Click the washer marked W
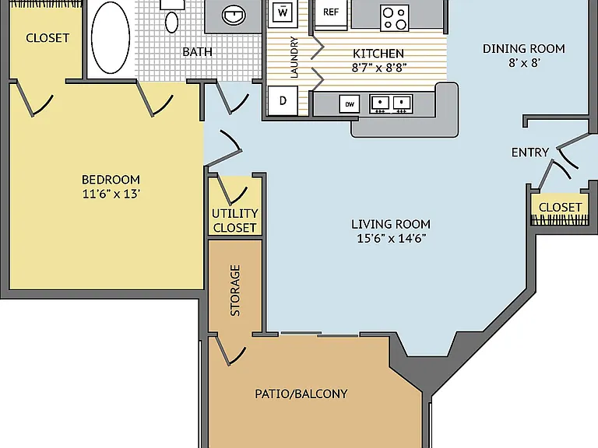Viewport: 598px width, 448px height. [283, 14]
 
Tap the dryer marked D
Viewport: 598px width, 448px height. [283, 100]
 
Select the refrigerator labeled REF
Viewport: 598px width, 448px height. [331, 14]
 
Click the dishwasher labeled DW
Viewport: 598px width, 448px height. [350, 104]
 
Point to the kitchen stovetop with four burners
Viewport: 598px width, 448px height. [395, 18]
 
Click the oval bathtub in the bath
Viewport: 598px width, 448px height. [111, 37]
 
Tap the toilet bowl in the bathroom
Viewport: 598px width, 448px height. [171, 22]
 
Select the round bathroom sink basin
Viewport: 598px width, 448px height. [234, 16]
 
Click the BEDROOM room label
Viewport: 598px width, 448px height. [111, 180]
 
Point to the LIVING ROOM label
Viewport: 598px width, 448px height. [391, 224]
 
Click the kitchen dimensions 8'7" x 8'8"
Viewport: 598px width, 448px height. [378, 68]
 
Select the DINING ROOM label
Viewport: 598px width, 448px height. [523, 49]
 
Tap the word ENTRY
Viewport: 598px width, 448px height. [530, 152]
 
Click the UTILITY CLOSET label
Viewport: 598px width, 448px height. [235, 221]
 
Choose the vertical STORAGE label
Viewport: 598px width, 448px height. [235, 290]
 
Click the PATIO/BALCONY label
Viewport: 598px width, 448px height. [301, 394]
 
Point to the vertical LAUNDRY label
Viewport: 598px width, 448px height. [294, 57]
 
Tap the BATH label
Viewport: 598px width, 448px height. [197, 52]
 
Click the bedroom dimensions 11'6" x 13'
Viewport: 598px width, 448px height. [111, 194]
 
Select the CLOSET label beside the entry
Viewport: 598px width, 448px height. [561, 207]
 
